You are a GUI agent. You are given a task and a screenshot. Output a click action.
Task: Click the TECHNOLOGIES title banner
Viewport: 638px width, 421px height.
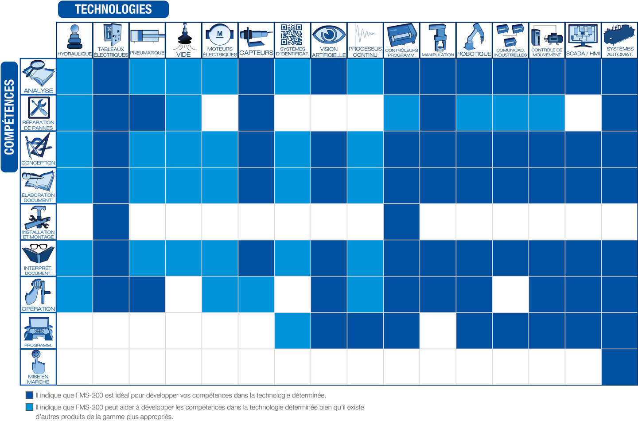pos(113,9)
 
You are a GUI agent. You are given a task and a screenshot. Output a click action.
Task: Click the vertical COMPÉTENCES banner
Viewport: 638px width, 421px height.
pos(9,117)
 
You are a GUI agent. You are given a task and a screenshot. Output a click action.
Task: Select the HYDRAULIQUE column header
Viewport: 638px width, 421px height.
pos(74,40)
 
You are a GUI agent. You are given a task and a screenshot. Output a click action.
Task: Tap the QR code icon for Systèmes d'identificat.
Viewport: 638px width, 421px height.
pos(292,35)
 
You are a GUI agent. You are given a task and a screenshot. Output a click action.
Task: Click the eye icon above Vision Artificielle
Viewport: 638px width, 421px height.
pos(329,34)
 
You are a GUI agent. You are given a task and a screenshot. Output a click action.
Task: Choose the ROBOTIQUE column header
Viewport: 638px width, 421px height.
pos(474,40)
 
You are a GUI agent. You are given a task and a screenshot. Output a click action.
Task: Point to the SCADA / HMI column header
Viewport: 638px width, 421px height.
pos(583,40)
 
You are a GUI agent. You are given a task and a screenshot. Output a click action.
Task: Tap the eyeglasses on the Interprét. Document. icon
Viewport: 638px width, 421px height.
pos(39,246)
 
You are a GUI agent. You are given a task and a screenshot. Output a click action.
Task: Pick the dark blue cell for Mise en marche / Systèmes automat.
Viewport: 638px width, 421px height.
pos(619,367)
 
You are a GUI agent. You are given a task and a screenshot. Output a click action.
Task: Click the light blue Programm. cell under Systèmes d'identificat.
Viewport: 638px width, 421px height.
pos(292,331)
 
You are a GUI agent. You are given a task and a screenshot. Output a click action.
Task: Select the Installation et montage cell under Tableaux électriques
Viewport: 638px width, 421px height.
pos(111,222)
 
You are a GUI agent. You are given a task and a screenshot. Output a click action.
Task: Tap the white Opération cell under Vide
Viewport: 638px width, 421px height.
pos(183,294)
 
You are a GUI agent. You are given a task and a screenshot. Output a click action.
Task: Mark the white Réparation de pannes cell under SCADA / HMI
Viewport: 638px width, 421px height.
pos(583,113)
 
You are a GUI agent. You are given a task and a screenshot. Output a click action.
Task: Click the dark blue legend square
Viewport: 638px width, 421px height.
pos(30,395)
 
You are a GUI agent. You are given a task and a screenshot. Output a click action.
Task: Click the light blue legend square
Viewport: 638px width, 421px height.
pos(30,407)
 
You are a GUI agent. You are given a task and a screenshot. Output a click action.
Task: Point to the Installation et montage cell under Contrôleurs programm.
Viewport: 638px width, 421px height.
pos(401,222)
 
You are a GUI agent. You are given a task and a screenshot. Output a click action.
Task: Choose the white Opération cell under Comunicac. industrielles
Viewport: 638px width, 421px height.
pos(510,294)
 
